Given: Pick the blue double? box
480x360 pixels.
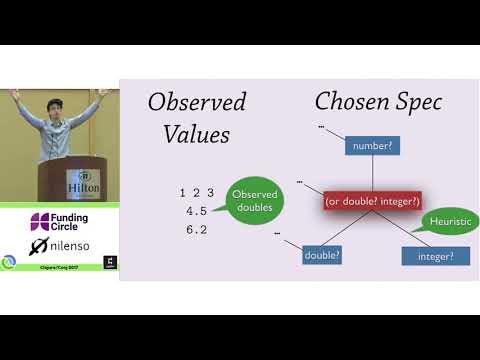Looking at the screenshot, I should [x=323, y=255].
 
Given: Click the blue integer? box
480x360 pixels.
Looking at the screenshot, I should [x=430, y=256].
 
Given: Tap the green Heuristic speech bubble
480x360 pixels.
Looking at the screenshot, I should [x=448, y=221].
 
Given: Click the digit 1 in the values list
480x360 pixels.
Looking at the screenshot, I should [x=183, y=192].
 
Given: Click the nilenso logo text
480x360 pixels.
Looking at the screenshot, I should [x=71, y=245].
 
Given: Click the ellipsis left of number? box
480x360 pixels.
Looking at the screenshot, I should [x=321, y=128].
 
